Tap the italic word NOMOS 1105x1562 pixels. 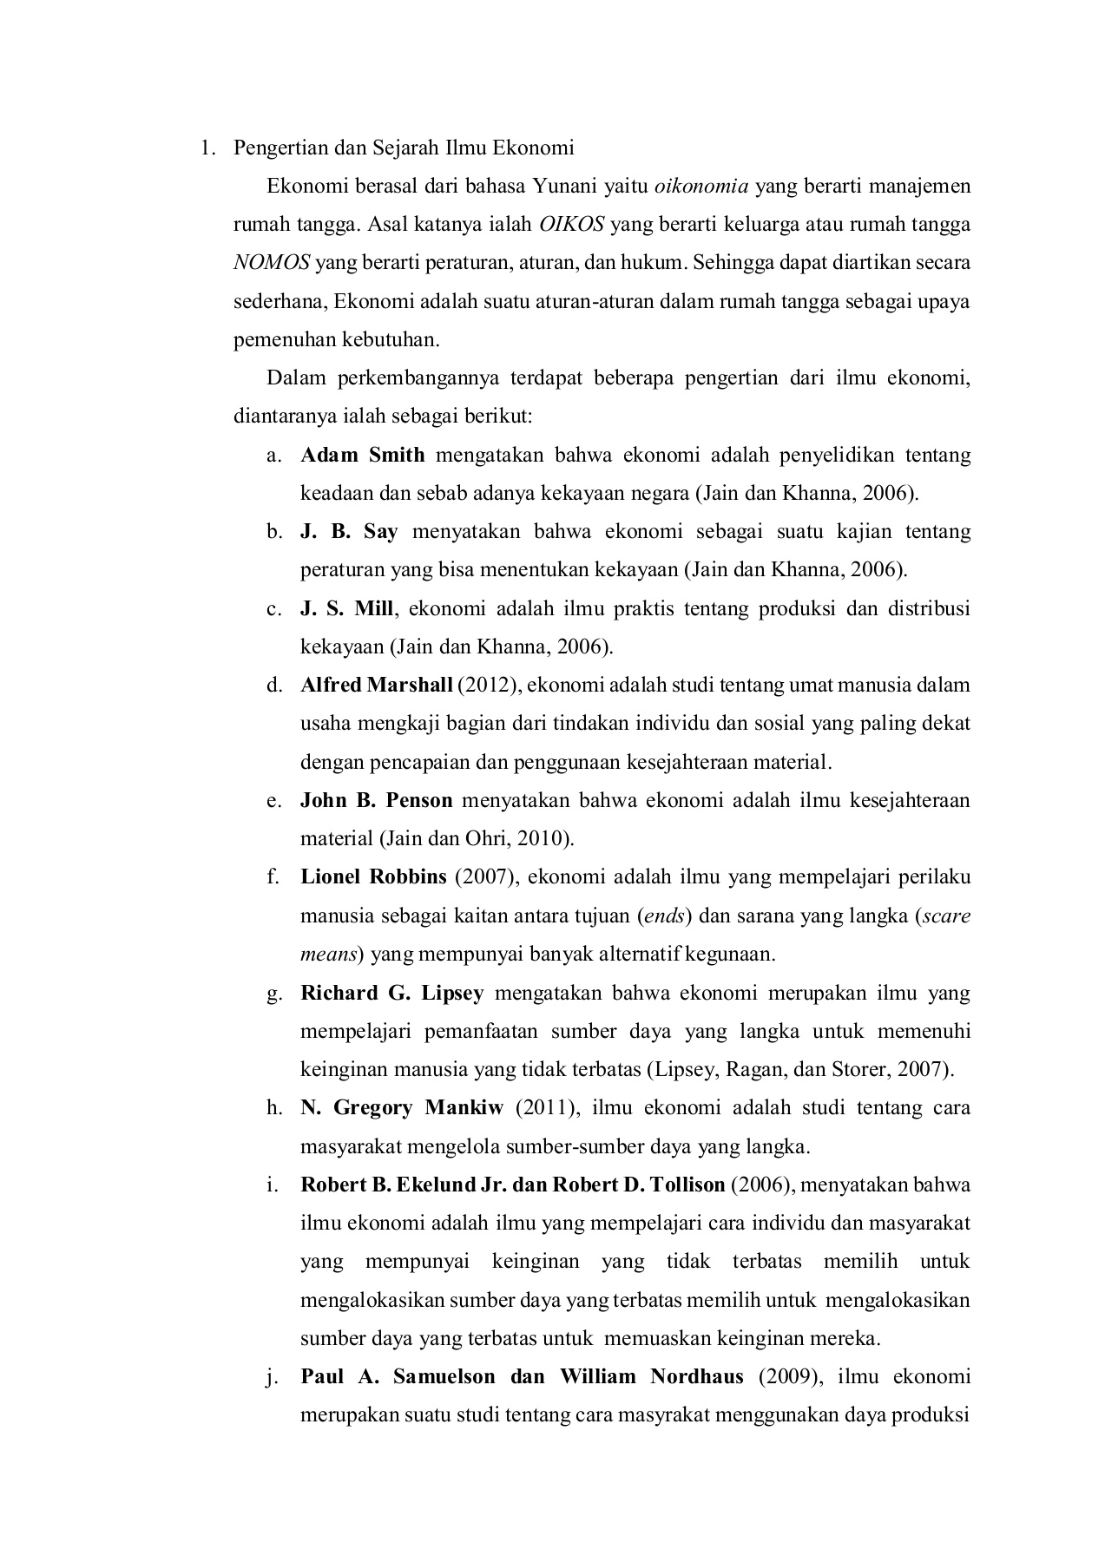(x=272, y=263)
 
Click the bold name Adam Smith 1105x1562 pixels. (x=363, y=455)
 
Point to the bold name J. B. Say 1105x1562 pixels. (x=349, y=531)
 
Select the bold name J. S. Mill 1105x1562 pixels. (x=346, y=608)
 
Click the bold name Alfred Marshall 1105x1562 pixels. (x=377, y=685)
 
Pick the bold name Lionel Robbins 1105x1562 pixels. (x=373, y=876)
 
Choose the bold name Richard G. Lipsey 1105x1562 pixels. (x=391, y=993)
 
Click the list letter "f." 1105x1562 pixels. (x=273, y=876)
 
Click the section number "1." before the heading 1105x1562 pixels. (x=207, y=148)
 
